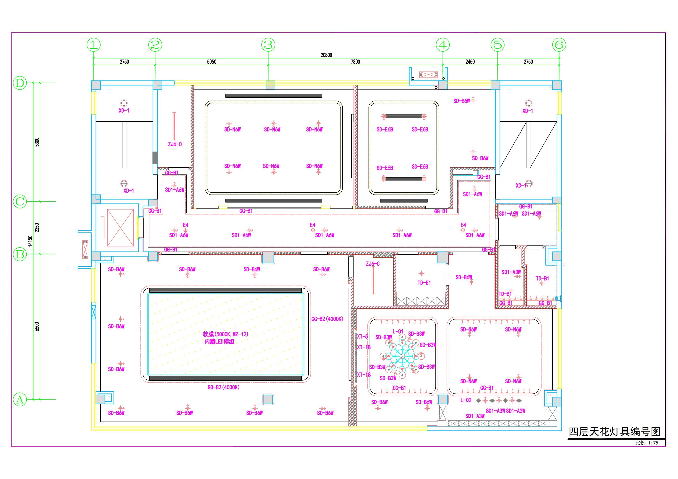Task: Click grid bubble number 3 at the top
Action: click(268, 45)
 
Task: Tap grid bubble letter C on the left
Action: click(20, 202)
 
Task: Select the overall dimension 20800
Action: click(326, 55)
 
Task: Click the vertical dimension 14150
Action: click(30, 241)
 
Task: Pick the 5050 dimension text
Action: click(212, 62)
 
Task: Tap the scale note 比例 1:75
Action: click(647, 443)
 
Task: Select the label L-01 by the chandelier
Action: click(398, 331)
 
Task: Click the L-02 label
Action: click(466, 400)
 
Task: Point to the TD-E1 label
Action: click(424, 283)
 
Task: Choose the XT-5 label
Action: click(362, 336)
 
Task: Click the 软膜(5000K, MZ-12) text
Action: click(226, 334)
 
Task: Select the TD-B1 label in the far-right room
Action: click(543, 278)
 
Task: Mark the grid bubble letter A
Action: click(20, 400)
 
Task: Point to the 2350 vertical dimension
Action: click(37, 228)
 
